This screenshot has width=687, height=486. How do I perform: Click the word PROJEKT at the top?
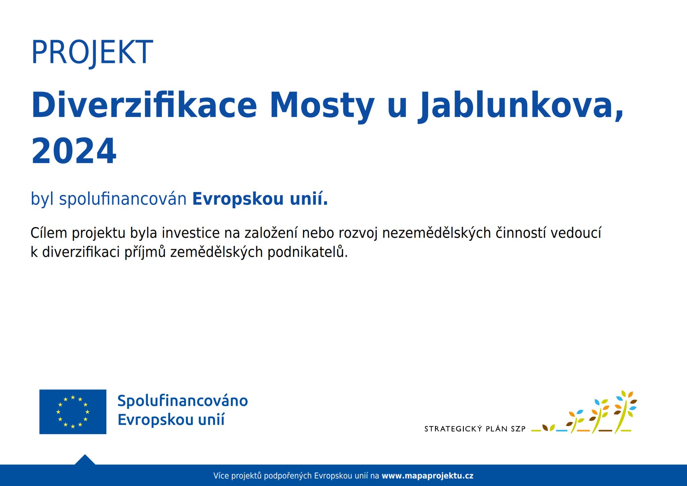coord(92,53)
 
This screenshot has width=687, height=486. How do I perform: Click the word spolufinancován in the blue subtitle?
coord(123,199)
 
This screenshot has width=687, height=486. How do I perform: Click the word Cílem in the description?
coord(49,233)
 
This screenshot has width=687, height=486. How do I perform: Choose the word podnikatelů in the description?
coord(308,252)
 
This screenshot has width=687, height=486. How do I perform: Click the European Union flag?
coord(73,412)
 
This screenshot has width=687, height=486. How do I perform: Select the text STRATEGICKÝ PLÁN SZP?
coord(475,429)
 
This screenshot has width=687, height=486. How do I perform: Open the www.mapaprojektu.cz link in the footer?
coord(428,476)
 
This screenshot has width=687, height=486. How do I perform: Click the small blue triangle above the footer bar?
coord(85,460)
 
